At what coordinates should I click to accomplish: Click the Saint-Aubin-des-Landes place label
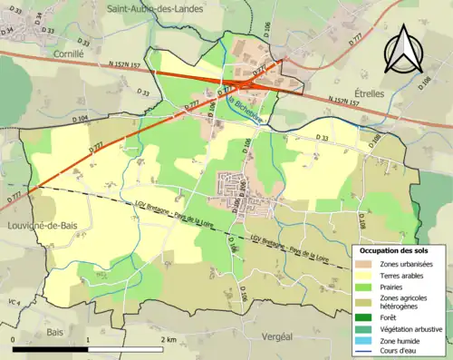pos(159,8)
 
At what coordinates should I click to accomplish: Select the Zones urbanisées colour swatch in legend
pos(368,263)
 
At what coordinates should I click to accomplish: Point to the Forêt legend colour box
pos(368,317)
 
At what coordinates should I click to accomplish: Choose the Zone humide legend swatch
pos(368,339)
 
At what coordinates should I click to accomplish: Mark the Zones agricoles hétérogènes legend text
pos(409,302)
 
